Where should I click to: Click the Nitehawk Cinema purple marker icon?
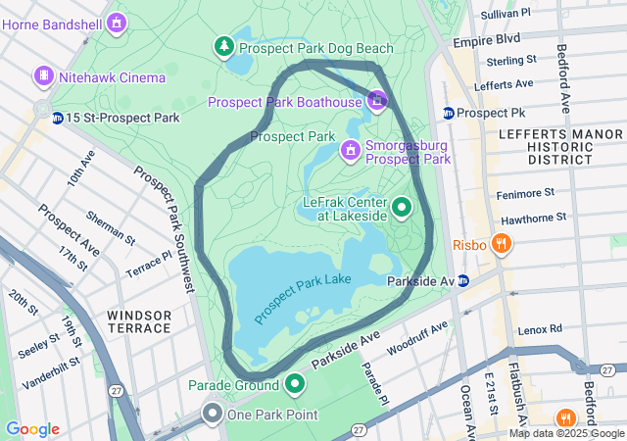pyautogui.click(x=44, y=75)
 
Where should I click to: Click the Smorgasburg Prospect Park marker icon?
pyautogui.click(x=350, y=151)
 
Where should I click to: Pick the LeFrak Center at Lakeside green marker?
pyautogui.click(x=402, y=208)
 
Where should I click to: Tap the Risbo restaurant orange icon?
pyautogui.click(x=502, y=244)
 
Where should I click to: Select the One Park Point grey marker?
pyautogui.click(x=213, y=414)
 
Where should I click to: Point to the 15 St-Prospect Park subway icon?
pyautogui.click(x=58, y=118)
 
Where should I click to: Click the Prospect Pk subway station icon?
pyautogui.click(x=449, y=113)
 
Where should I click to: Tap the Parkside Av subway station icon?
pyautogui.click(x=463, y=281)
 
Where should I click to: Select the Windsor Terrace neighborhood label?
pyautogui.click(x=139, y=320)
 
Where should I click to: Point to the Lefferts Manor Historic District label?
pyautogui.click(x=546, y=145)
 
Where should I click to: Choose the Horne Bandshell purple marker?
pyautogui.click(x=117, y=22)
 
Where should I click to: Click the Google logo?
pyautogui.click(x=32, y=429)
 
